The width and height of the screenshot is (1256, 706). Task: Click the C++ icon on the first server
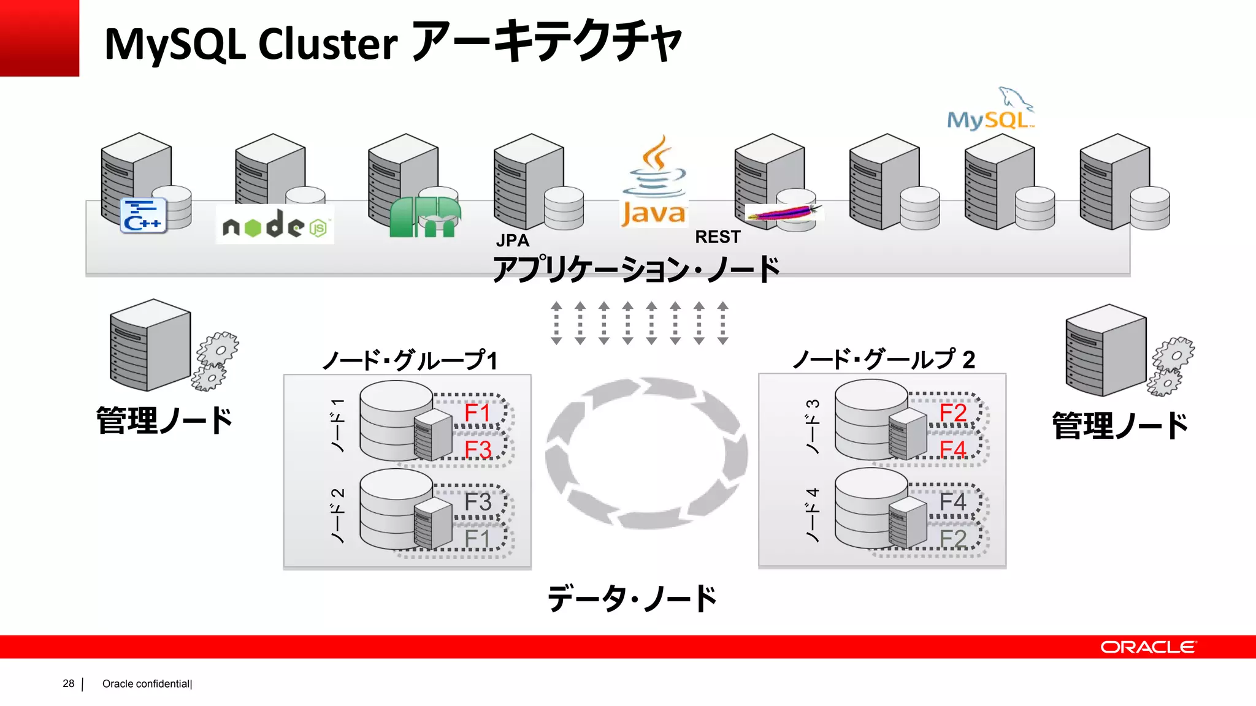coord(144,216)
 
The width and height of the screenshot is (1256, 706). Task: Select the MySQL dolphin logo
coord(990,110)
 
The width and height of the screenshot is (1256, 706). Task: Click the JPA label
coord(513,240)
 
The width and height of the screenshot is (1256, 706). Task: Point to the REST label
coord(718,237)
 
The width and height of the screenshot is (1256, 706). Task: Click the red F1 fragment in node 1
coord(477,412)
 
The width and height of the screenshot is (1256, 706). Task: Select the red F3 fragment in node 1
coord(477,449)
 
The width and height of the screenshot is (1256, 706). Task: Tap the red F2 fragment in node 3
coord(952,412)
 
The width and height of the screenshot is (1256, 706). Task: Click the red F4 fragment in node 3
coord(952,449)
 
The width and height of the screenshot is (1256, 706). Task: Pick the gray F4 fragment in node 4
coord(952,502)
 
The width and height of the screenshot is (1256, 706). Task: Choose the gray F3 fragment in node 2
coord(477,502)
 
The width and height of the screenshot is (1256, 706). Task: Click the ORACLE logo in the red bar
coord(1147,647)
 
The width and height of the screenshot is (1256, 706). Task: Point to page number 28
coord(68,683)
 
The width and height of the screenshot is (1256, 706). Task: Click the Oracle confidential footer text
coord(147,684)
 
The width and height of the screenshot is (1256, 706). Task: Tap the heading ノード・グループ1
coord(410,360)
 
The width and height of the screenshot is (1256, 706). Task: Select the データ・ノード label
coord(632,598)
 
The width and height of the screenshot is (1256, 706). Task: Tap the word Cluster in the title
coord(327,44)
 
